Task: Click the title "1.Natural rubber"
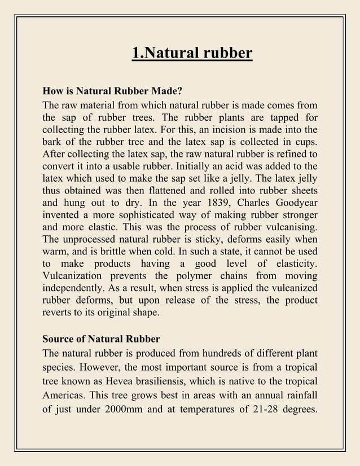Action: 192,54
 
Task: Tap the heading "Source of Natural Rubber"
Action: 102,339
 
